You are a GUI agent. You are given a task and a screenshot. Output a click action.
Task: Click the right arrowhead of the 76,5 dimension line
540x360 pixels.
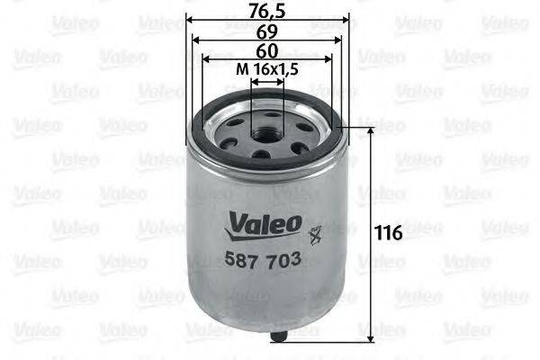pos(346,18)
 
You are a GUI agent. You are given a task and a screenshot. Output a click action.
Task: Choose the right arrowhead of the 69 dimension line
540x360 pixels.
pos(337,38)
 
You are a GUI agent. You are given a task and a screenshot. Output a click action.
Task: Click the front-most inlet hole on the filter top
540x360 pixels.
pos(262,153)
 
